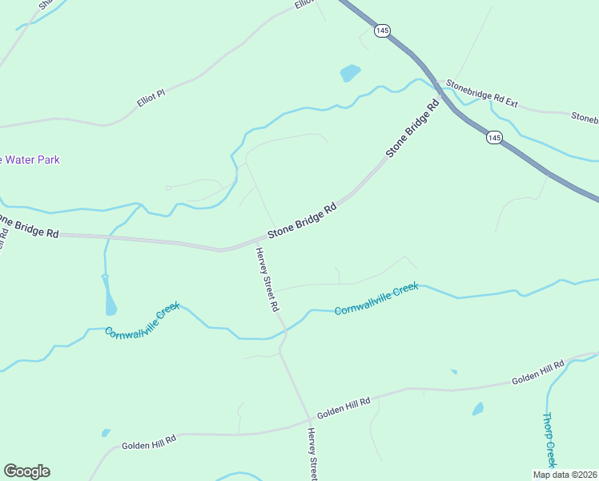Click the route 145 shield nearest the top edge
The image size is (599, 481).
pos(382,30)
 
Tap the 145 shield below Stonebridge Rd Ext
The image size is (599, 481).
pos(494,139)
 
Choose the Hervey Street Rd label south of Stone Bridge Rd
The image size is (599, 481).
pos(267,279)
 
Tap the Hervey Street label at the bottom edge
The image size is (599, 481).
pos(312,455)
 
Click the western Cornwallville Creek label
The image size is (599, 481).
pos(142,320)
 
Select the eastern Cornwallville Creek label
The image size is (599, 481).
pos(376,298)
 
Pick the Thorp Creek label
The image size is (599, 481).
pos(549,439)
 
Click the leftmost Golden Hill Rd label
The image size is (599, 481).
pos(148,440)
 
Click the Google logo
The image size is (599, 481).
pos(26,471)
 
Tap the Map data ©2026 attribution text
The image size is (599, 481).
pos(565,475)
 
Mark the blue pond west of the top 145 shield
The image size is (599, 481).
pos(350,73)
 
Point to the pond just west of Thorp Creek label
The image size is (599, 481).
pos(478,409)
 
